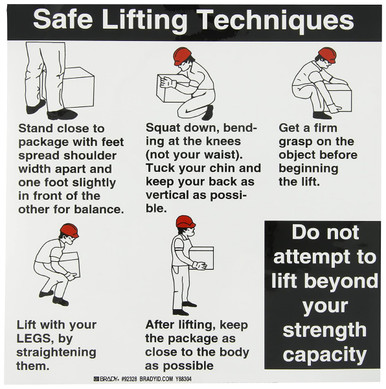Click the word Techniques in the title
[x=276, y=21]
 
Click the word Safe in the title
[x=63, y=19]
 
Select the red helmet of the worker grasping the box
[x=327, y=55]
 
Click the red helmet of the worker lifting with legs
[x=69, y=230]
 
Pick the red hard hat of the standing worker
[x=186, y=222]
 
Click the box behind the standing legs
[x=79, y=87]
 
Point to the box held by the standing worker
[x=202, y=258]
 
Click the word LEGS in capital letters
[x=33, y=338]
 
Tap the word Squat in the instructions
[x=162, y=129]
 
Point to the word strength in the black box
[x=324, y=330]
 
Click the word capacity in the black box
[x=324, y=355]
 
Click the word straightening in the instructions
[x=56, y=353]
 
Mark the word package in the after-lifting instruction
[x=190, y=339]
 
